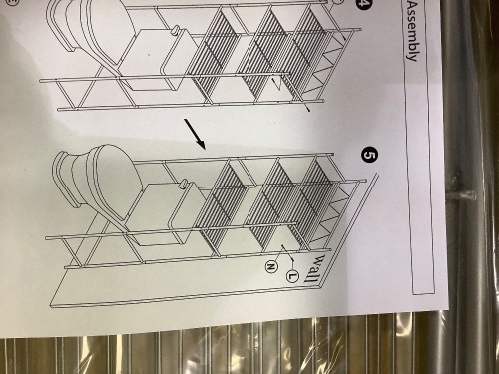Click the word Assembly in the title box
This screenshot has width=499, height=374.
[412, 31]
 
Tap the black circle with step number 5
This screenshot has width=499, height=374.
[369, 155]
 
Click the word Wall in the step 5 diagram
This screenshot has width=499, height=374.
[312, 268]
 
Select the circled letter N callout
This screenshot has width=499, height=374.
[271, 266]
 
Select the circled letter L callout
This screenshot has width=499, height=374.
[292, 275]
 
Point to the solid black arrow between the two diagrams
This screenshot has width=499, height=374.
[195, 134]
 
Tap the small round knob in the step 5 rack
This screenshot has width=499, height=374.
[183, 184]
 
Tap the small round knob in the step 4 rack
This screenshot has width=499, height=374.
[175, 31]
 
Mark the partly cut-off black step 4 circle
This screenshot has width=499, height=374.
[362, 4]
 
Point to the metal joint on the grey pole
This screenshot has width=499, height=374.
[461, 195]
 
